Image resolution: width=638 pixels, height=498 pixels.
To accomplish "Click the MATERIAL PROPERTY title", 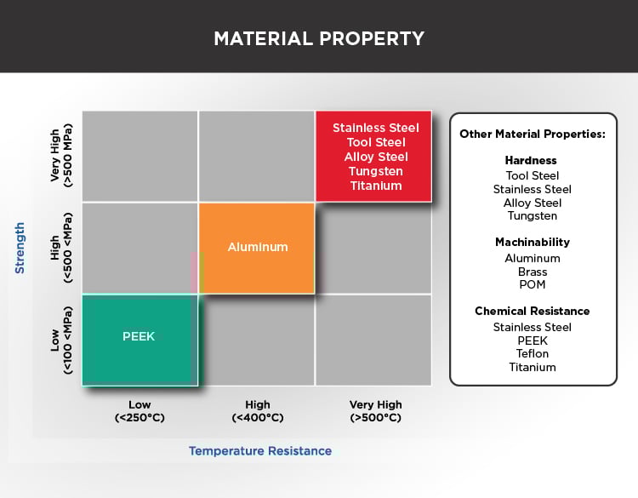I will [318, 39].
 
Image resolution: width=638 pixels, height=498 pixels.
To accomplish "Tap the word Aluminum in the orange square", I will [258, 247].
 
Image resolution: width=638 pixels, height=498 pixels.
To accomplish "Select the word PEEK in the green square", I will [140, 336].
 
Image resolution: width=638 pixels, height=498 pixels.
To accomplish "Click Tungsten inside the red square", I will [375, 171].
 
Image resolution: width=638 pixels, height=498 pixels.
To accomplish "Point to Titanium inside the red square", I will [375, 186].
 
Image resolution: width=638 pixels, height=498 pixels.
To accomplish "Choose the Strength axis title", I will [20, 248].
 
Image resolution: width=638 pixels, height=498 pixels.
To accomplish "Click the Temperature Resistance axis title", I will [259, 450].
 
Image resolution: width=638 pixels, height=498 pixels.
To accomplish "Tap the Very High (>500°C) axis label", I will [375, 411].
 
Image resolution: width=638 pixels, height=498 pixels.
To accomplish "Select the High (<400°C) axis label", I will [257, 411].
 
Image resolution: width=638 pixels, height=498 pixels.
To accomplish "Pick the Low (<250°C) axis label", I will [140, 411].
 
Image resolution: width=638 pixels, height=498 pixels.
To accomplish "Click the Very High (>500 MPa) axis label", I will [61, 156].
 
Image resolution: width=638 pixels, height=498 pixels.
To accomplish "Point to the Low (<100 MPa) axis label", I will [61, 339].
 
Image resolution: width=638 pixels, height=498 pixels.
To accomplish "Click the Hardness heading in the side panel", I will [532, 160].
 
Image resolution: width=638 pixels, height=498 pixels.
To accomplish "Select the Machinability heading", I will [532, 243].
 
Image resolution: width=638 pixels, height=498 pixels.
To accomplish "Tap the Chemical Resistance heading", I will [532, 311].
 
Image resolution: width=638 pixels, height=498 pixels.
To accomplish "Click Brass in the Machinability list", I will [532, 272].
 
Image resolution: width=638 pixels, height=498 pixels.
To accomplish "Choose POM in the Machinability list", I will [532, 285].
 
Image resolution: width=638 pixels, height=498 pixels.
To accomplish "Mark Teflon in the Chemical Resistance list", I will [532, 353].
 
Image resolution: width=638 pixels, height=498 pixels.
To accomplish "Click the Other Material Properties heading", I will [532, 135].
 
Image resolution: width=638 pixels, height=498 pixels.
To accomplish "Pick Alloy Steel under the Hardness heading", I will [532, 203].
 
